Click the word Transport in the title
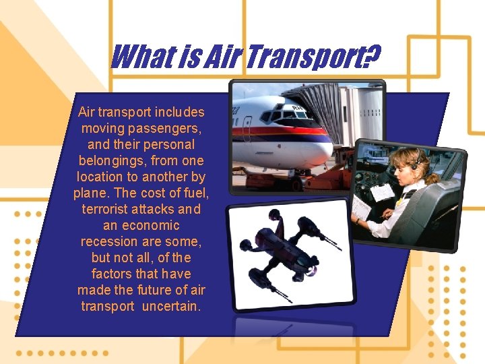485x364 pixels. (x=302, y=57)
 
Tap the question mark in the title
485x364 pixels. (x=370, y=57)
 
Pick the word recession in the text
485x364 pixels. (x=106, y=241)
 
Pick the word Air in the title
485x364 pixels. (x=220, y=57)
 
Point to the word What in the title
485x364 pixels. (x=142, y=57)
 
